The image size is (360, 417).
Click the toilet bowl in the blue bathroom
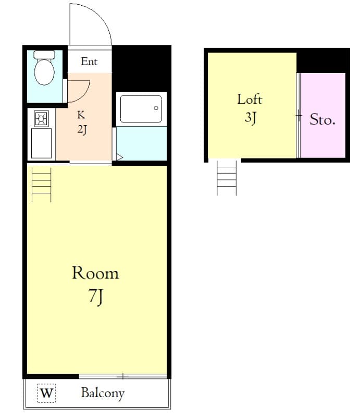coord(44,72)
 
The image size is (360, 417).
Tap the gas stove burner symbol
coord(42,118)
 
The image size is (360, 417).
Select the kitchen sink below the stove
coord(42,143)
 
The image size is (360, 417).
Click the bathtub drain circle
coord(156,108)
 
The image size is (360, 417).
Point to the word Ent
coord(89,62)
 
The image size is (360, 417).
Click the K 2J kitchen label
coord(82,122)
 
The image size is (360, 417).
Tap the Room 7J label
coord(95,284)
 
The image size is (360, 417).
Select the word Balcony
coord(103,393)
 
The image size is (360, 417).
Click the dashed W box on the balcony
coord(46,393)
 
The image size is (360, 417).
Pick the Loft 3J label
coord(250,108)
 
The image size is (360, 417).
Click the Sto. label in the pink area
coord(322,119)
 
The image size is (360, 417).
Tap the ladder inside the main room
coord(42,185)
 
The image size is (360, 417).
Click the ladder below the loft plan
coord(227,178)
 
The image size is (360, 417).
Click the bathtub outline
coord(141,109)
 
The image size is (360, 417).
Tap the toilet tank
coord(44,55)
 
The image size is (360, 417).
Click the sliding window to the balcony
coord(123,376)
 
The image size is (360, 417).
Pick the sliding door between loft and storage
coord(299,115)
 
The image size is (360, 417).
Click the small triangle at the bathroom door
coord(119,157)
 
